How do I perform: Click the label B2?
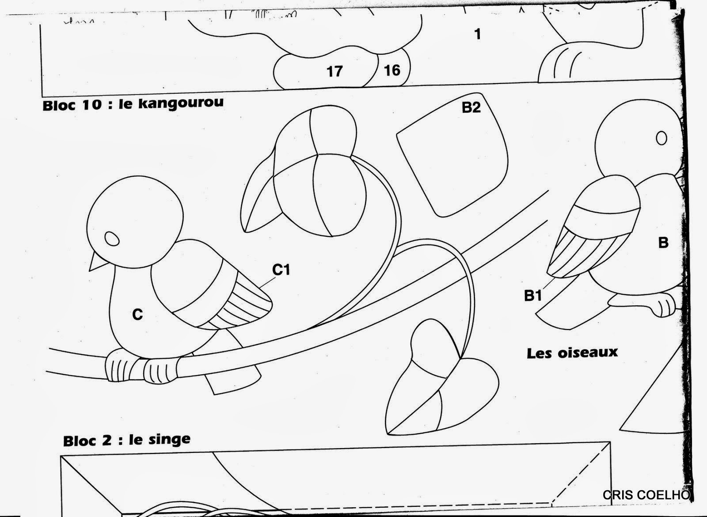(x=471, y=107)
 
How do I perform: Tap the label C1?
(x=281, y=270)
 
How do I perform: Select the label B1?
(x=533, y=296)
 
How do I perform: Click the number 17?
(x=334, y=71)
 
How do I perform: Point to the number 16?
(x=392, y=70)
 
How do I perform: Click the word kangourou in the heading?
(x=181, y=103)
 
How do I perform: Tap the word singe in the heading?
(x=169, y=440)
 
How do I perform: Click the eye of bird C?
(x=112, y=238)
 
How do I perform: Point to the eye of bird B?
(x=661, y=138)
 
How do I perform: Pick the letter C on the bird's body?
(x=137, y=314)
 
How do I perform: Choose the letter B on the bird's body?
(x=663, y=243)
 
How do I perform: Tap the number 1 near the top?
(x=478, y=34)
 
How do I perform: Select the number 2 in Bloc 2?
(x=106, y=441)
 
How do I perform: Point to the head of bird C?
(x=135, y=220)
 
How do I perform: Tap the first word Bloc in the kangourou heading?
(x=59, y=105)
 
